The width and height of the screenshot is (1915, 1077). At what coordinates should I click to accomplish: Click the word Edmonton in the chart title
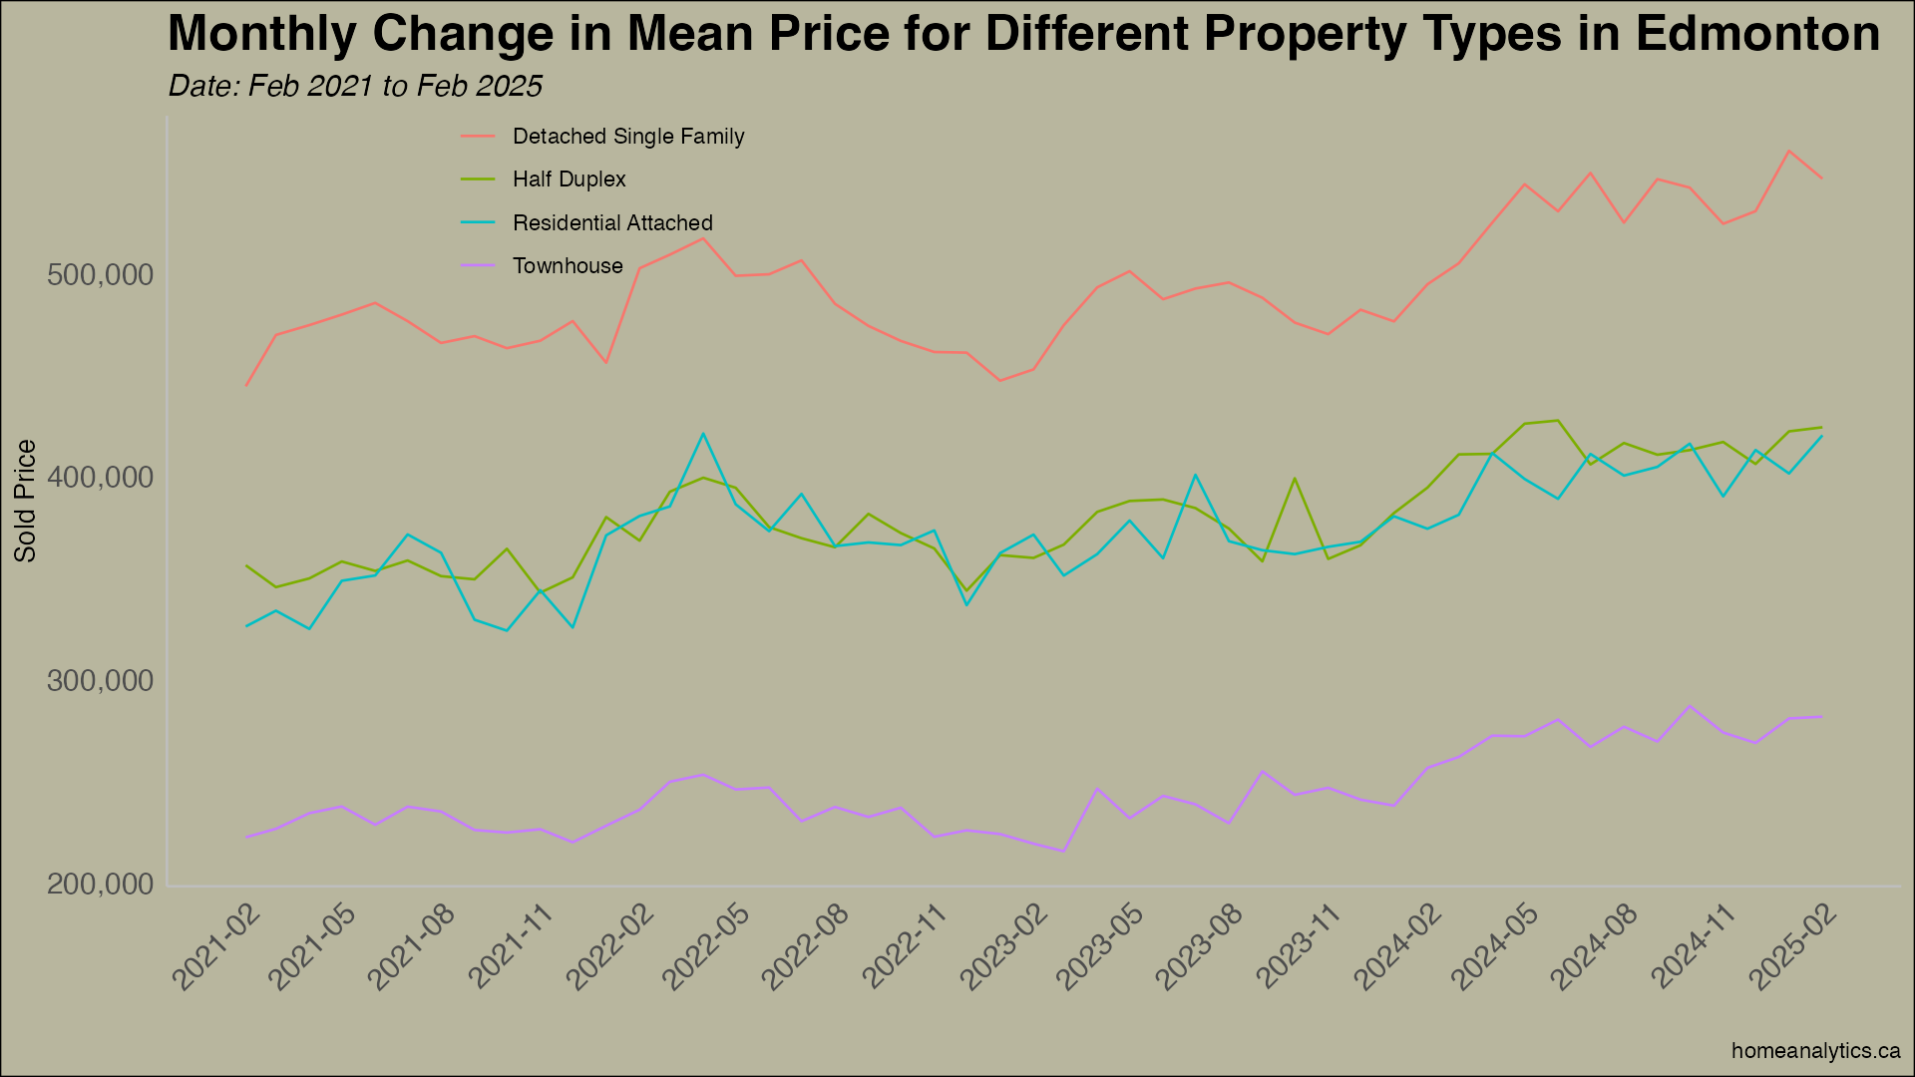coord(1757,34)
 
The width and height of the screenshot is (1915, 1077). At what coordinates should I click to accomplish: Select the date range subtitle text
coord(355,87)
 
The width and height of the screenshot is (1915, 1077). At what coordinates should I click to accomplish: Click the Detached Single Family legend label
coord(627,137)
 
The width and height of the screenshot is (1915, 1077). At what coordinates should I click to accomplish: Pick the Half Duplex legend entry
coord(569,179)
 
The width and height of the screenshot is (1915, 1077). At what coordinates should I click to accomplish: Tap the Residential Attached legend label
coord(612,223)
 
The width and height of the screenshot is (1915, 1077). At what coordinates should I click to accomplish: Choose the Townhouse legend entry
coord(568,266)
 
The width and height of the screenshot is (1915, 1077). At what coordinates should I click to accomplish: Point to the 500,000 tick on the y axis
coord(101,275)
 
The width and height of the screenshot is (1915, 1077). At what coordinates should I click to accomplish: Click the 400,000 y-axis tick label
coord(101,479)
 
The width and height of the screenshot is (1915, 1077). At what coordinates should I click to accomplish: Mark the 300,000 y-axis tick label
coord(101,682)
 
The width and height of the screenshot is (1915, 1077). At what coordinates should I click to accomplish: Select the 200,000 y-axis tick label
coord(101,886)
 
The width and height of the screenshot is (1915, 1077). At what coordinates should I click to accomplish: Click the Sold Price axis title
coord(25,501)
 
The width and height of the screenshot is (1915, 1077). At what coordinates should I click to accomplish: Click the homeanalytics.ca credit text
coord(1815,1051)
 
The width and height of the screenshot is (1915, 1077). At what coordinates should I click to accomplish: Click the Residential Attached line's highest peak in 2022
coord(703,434)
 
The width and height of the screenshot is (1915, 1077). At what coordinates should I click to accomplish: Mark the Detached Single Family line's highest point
coord(1789,152)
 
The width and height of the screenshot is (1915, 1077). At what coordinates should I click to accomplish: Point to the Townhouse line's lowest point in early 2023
coord(1063,852)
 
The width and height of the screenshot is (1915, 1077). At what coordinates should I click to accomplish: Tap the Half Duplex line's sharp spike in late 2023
coord(1295,479)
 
